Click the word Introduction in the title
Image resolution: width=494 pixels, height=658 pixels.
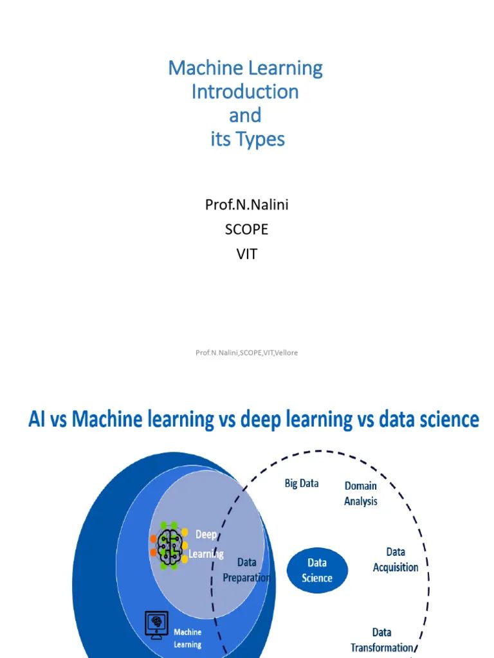(245, 91)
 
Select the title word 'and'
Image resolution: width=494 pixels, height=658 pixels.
(245, 115)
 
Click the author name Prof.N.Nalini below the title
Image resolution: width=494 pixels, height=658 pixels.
(246, 204)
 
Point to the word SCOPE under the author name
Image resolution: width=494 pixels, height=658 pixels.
(246, 229)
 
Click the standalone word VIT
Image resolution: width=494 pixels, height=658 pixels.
(246, 254)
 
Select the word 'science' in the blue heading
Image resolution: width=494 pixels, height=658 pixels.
(447, 420)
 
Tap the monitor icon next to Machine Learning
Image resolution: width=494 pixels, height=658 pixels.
(156, 623)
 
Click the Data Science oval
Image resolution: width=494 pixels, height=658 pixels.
(317, 570)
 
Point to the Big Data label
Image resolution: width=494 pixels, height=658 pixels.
(302, 483)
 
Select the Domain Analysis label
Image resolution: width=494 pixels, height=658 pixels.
(361, 493)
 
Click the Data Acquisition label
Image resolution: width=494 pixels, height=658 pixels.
(396, 560)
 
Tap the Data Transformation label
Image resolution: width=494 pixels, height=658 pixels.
(381, 640)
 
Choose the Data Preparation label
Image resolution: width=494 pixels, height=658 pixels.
(246, 569)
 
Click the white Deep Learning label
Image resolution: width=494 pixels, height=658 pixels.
(206, 544)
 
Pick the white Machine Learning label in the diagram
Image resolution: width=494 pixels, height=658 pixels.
(187, 638)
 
